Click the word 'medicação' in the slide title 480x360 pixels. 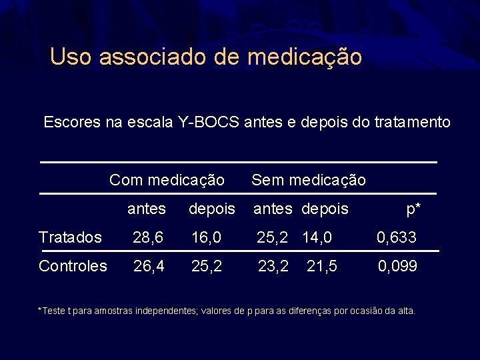click(x=304, y=57)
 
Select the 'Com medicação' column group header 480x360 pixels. click(x=167, y=179)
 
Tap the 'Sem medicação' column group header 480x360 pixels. click(x=308, y=179)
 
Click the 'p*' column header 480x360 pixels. click(x=413, y=209)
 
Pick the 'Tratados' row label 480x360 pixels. click(x=70, y=237)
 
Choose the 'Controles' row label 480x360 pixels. click(x=73, y=266)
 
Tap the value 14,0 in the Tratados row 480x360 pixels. click(x=317, y=237)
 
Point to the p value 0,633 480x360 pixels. click(x=397, y=237)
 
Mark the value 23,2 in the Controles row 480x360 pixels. click(x=273, y=266)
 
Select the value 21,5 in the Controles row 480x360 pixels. click(x=322, y=266)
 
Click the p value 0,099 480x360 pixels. click(x=397, y=266)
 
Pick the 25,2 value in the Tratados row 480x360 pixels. click(x=273, y=237)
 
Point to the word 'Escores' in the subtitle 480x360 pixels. click(x=68, y=123)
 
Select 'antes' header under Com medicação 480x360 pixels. click(x=147, y=209)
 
